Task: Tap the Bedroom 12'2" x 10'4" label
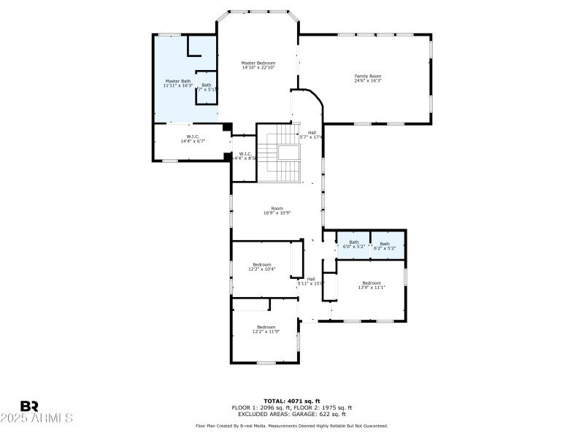point(261,266)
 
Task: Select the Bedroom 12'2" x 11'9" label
point(266,329)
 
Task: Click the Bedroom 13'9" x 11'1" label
point(371,285)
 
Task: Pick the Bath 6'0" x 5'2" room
point(353,245)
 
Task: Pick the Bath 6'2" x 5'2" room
point(385,245)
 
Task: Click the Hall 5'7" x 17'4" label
point(312,135)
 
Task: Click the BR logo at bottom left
point(29,406)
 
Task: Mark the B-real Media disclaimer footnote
point(291,426)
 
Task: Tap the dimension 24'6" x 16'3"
point(368,81)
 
